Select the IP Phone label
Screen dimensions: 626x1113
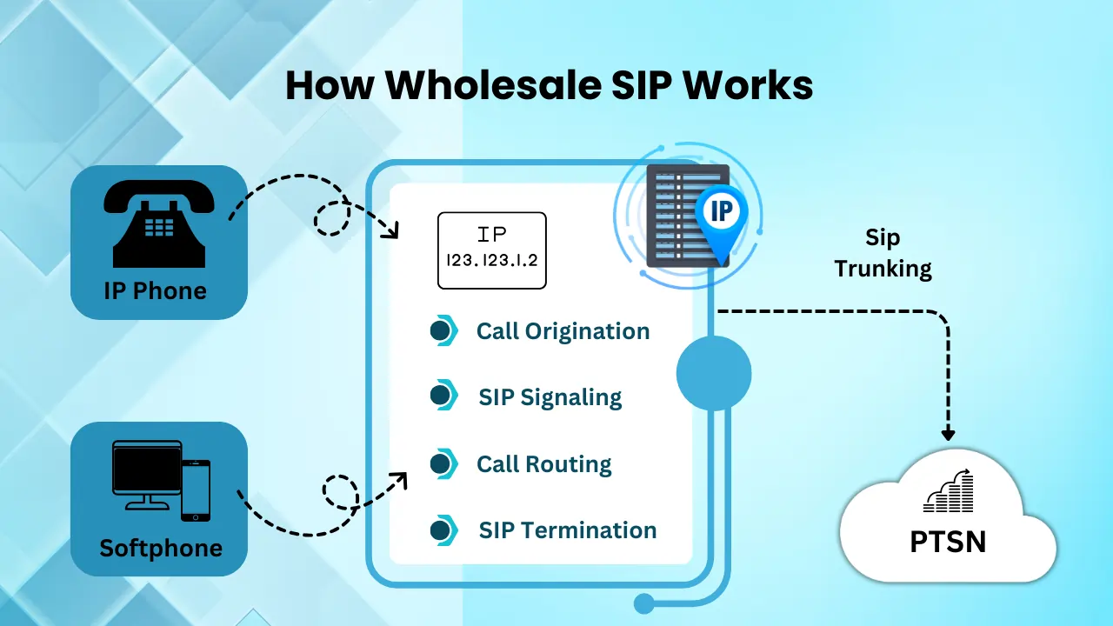click(x=156, y=290)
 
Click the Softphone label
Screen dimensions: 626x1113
click(x=161, y=549)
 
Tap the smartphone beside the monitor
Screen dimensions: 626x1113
click(x=196, y=490)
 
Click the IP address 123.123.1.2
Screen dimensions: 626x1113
click(x=492, y=260)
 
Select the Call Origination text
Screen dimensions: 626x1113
click(x=563, y=331)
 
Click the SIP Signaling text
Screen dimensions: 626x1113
click(x=550, y=397)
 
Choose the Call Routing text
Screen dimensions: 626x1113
click(x=544, y=464)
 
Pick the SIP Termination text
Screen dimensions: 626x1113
click(x=568, y=530)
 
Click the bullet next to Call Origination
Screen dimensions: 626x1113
click(x=443, y=331)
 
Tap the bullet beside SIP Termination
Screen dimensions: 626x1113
click(x=443, y=530)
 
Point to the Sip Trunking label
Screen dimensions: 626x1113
click(x=883, y=253)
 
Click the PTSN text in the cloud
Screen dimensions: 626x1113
click(x=948, y=542)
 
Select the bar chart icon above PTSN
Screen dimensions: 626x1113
click(x=949, y=490)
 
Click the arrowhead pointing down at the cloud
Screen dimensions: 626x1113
click(x=948, y=434)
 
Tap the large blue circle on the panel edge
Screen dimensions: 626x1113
click(x=714, y=374)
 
